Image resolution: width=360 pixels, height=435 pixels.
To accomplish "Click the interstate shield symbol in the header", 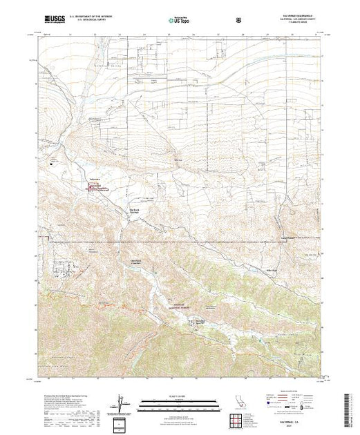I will click(x=239, y=22).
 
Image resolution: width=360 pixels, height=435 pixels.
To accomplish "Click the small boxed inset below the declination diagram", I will click(x=122, y=423).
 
